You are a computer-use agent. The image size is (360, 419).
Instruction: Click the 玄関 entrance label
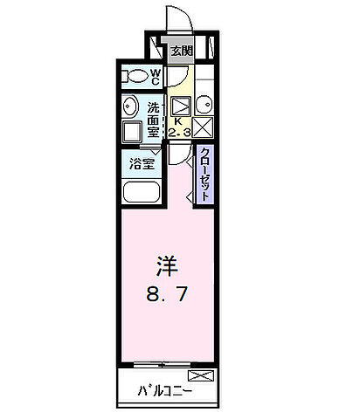pyautogui.click(x=181, y=50)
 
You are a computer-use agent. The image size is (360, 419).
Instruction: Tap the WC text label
pyautogui.click(x=155, y=77)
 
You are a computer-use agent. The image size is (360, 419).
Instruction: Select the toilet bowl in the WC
pyautogui.click(x=134, y=76)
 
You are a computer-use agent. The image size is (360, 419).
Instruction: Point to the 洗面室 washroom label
pyautogui.click(x=154, y=120)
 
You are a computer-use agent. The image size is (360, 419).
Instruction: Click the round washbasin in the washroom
pyautogui.click(x=132, y=109)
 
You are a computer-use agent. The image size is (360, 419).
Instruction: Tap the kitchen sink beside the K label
pyautogui.click(x=180, y=106)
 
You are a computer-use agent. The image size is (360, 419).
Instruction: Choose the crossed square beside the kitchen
pyautogui.click(x=204, y=128)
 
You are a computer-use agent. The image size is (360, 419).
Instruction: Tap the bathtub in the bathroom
pyautogui.click(x=142, y=192)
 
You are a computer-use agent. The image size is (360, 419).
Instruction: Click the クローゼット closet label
pyautogui.click(x=204, y=174)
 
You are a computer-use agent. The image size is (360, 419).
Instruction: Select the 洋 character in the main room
pyautogui.click(x=167, y=263)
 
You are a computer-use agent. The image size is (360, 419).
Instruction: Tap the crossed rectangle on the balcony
pyautogui.click(x=200, y=377)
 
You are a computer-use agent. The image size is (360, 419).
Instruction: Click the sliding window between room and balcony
pyautogui.click(x=167, y=362)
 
